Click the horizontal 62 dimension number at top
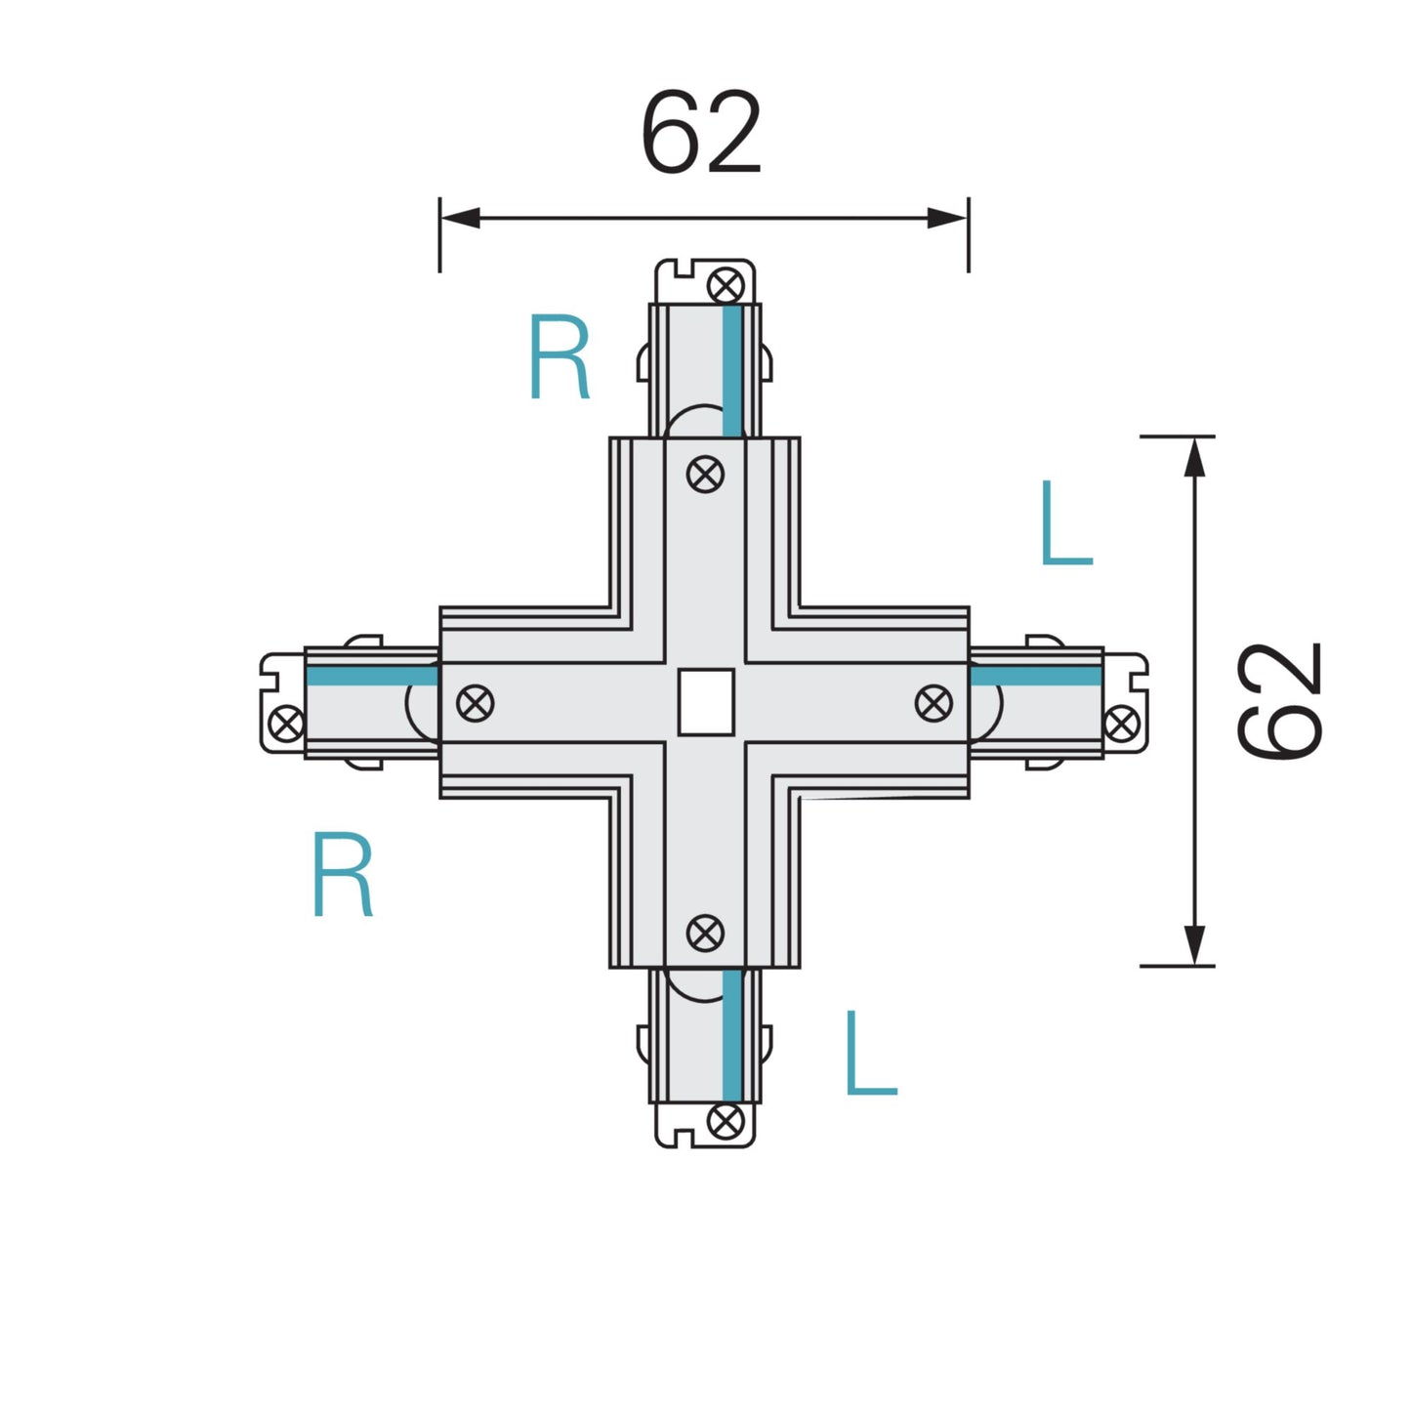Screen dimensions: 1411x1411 click(700, 133)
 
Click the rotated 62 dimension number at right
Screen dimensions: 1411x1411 click(1278, 700)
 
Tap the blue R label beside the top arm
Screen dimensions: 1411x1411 click(559, 357)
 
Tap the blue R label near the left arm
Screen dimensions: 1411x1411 click(342, 874)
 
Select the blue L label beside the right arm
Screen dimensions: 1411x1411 click(1065, 523)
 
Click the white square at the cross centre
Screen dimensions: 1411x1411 click(705, 701)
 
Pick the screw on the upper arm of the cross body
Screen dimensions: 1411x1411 click(705, 475)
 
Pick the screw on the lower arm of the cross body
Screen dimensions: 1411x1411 click(705, 933)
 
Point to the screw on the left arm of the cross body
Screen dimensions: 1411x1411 click(476, 703)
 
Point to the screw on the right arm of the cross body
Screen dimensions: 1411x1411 click(934, 703)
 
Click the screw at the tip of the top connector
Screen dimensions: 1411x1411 click(726, 286)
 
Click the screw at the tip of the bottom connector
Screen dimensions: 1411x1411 click(726, 1121)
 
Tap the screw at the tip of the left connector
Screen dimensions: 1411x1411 click(286, 724)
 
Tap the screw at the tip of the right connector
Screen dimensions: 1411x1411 click(1121, 724)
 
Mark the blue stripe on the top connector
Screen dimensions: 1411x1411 click(732, 371)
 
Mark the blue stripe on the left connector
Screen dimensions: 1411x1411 click(372, 676)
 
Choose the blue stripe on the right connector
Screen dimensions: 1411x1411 click(1036, 676)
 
